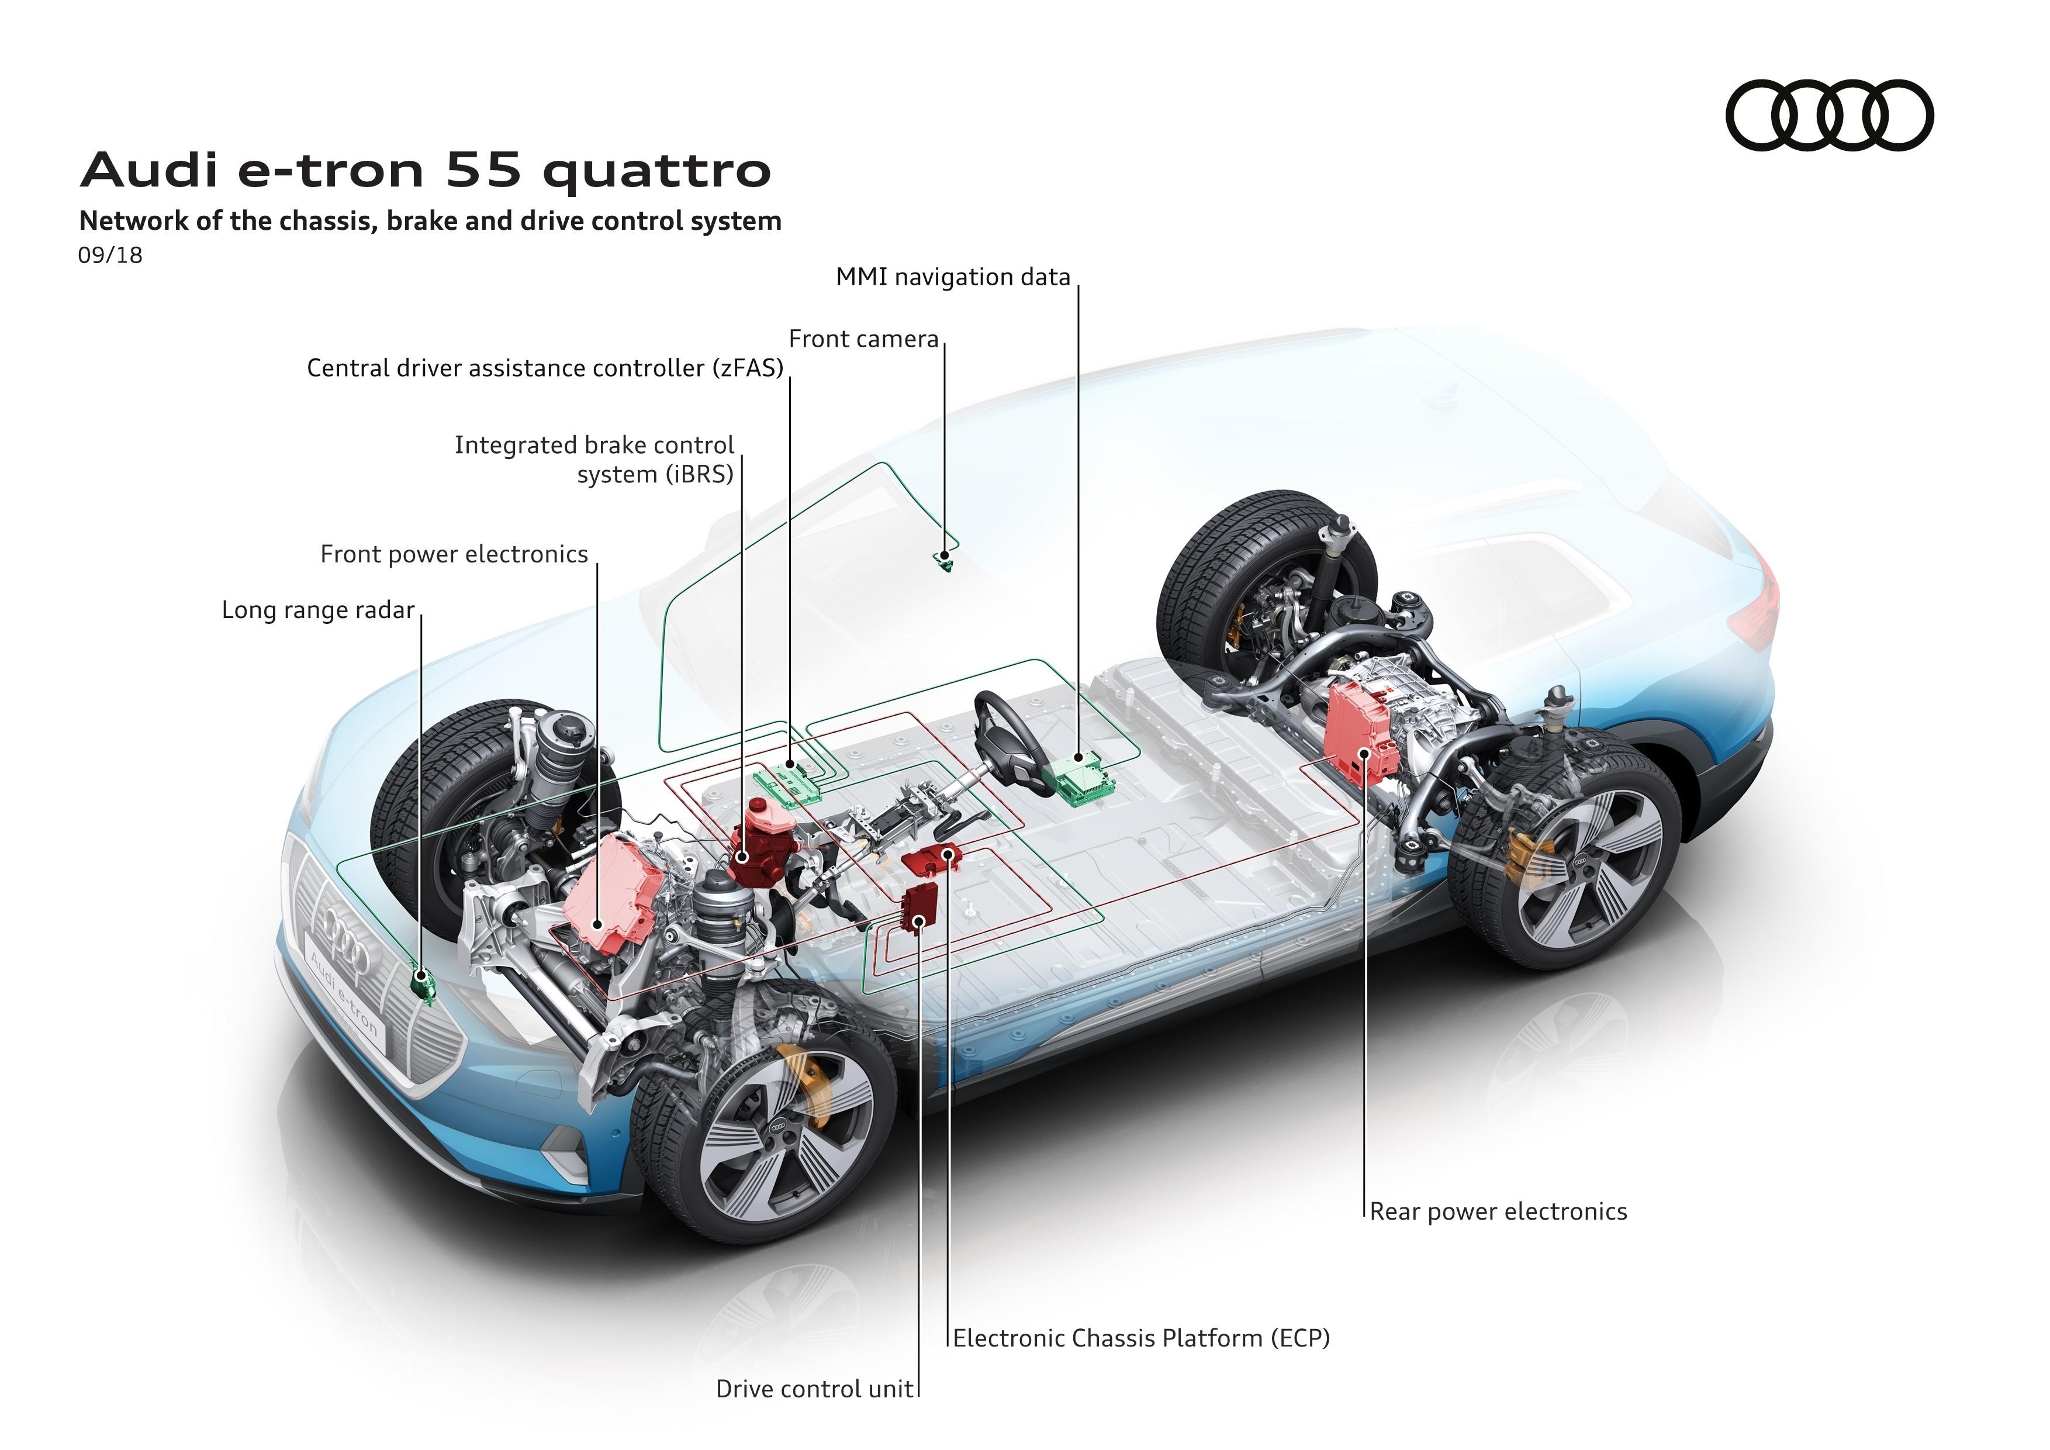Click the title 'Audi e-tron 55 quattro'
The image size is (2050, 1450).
point(426,170)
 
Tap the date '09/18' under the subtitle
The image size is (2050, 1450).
point(110,256)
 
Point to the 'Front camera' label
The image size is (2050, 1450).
point(863,339)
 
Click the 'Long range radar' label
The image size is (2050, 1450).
point(318,611)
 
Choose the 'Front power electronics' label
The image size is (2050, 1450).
point(454,554)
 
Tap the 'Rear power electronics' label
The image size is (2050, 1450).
point(1498,1211)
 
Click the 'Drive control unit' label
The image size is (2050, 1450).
point(814,1389)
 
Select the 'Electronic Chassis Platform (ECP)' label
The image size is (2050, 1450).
point(1141,1338)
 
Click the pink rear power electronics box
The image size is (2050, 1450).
point(1359,734)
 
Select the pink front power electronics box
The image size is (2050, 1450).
point(613,895)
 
